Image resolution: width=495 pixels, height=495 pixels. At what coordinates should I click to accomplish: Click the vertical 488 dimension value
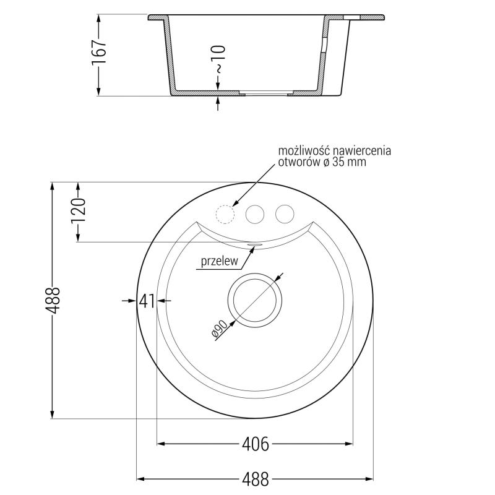click(53, 301)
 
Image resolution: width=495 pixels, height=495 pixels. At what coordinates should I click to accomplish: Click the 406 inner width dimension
click(255, 444)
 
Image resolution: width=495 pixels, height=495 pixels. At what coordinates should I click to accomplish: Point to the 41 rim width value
click(146, 301)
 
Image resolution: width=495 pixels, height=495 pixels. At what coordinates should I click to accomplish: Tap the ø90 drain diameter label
click(220, 329)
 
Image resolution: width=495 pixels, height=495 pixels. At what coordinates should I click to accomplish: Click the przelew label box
click(219, 262)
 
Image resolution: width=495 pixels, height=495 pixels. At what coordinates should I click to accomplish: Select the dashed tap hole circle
click(224, 213)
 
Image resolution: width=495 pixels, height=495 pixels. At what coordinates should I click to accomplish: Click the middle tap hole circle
click(254, 213)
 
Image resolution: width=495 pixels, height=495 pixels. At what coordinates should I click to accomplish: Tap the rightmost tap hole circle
click(284, 213)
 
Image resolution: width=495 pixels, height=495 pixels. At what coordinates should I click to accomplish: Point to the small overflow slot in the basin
click(254, 244)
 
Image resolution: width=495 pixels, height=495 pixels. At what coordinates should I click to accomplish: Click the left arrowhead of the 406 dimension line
click(161, 444)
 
